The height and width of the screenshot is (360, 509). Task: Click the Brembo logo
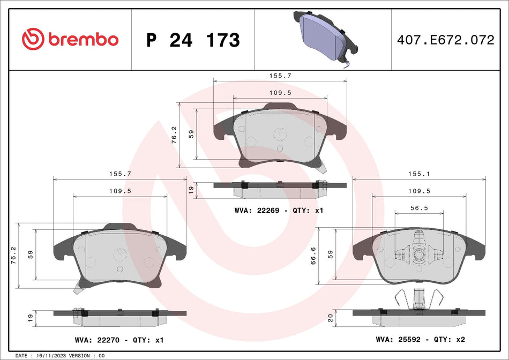point(70,39)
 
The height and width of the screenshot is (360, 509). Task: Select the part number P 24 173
point(193,40)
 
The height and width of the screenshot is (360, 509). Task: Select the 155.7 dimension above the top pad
point(280,76)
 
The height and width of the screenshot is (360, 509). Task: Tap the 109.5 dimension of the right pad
point(418,191)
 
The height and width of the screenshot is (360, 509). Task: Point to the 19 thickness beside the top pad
point(190,189)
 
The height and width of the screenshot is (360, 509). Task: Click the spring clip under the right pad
point(419,298)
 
